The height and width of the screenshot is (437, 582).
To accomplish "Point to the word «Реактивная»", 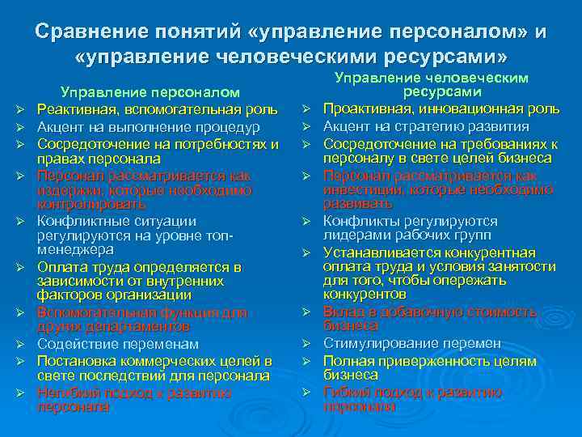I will [73, 110].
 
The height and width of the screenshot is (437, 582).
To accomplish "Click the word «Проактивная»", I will [361, 109].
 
